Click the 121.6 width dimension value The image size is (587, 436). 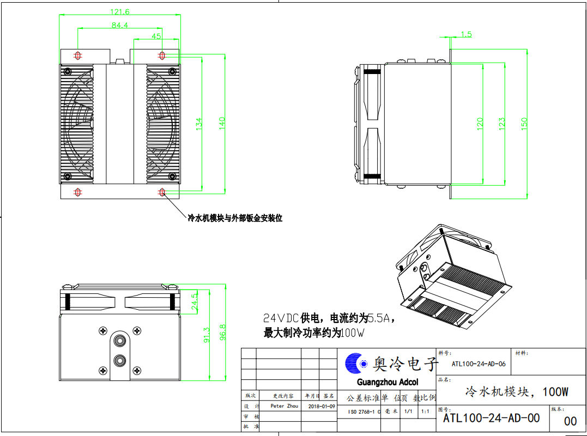click(120, 11)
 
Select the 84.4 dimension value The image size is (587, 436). click(120, 25)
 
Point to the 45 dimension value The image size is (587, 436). click(156, 36)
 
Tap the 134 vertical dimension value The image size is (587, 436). click(199, 124)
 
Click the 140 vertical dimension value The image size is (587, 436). click(222, 123)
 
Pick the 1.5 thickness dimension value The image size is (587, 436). click(466, 34)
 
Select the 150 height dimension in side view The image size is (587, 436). click(524, 124)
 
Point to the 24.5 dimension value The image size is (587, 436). click(195, 301)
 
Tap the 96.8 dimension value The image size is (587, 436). click(222, 332)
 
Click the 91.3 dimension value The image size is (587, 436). click(207, 335)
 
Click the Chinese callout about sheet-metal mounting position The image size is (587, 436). click(235, 218)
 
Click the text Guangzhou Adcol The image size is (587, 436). click(388, 382)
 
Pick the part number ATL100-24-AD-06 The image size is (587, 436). click(479, 364)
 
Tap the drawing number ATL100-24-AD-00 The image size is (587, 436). click(491, 417)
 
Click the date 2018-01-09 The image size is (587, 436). click(322, 406)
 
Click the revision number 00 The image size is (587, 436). click(570, 421)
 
